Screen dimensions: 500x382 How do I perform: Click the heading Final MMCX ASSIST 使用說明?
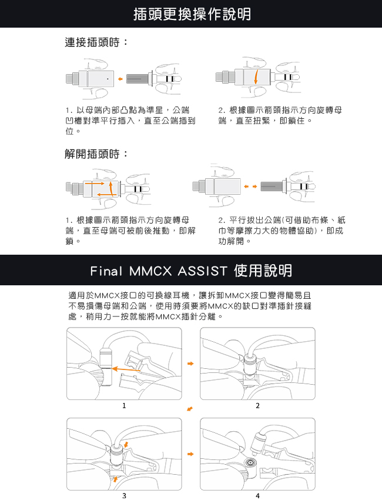(x=192, y=271)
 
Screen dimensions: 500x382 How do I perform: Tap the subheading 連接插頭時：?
(x=96, y=43)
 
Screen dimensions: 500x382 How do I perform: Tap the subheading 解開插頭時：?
(x=96, y=154)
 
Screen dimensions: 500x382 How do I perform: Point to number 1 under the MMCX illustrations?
(x=124, y=406)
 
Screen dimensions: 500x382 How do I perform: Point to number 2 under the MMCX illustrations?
(x=257, y=406)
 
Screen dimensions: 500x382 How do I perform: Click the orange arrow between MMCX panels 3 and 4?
(x=190, y=454)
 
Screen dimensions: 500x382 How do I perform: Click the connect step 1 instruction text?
(x=130, y=121)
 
